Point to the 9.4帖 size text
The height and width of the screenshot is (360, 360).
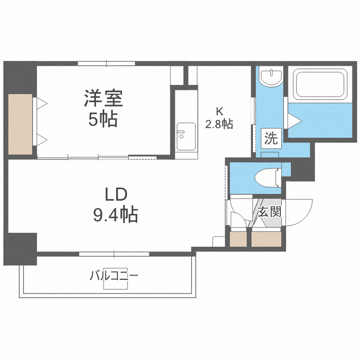[115, 214]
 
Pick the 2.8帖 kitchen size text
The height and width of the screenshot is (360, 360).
[219, 124]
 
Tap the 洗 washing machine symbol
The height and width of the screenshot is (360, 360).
[271, 139]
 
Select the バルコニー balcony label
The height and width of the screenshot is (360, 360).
[114, 276]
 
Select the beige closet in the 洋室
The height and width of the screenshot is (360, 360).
[20, 124]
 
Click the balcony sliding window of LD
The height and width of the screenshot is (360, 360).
[114, 253]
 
